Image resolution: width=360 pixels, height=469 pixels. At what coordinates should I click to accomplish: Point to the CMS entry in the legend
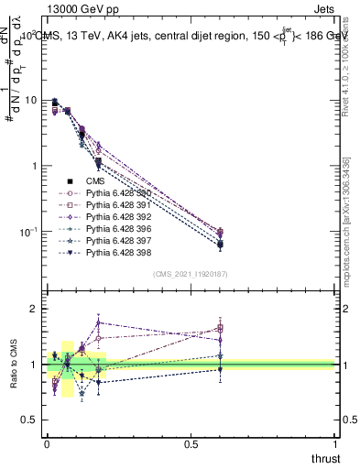point(95,181)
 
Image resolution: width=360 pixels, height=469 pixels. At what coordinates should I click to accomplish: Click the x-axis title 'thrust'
point(324,458)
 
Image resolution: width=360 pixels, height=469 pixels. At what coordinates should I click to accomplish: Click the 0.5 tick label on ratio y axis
point(31,420)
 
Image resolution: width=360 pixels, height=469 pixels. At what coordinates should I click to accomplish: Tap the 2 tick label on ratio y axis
point(36,310)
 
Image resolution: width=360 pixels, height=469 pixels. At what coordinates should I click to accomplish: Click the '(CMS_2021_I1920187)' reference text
point(191,274)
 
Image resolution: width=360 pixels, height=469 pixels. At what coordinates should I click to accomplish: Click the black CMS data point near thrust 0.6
point(220,245)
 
